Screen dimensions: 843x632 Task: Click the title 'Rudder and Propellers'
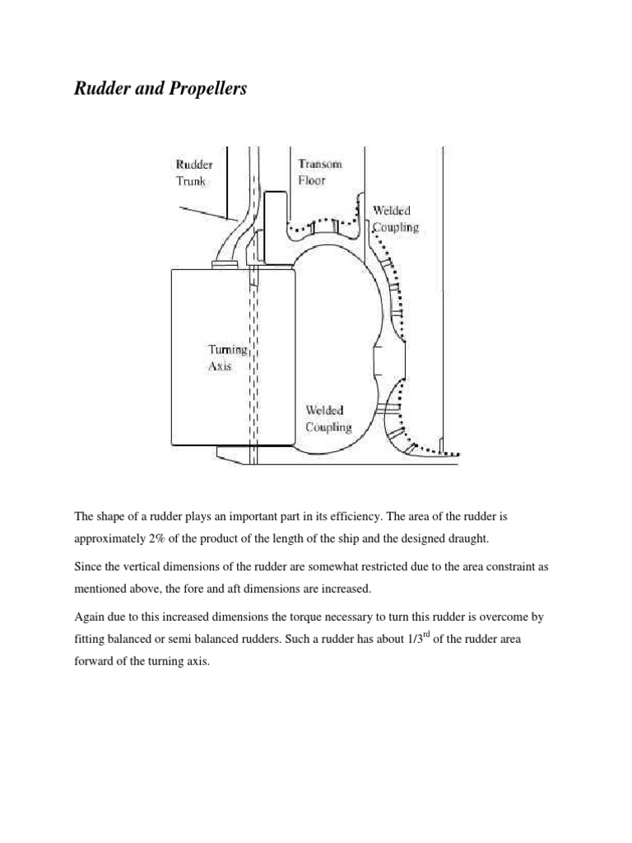(x=160, y=90)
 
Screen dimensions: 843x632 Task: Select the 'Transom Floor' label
(x=320, y=171)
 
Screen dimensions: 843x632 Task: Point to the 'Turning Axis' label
(x=226, y=358)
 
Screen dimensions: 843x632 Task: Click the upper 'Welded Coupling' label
(x=395, y=219)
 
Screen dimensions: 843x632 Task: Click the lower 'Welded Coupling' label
(x=328, y=418)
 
